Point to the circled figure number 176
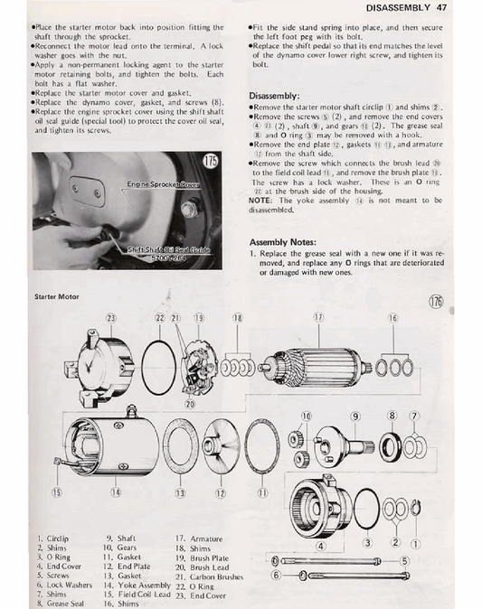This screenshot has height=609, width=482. click(437, 302)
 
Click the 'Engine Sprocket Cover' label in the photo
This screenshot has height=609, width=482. click(164, 183)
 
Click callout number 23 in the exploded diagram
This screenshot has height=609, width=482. click(111, 317)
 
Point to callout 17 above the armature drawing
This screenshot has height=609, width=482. click(318, 317)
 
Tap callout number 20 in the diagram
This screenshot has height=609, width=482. click(190, 404)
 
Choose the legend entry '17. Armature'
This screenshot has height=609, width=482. click(200, 537)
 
